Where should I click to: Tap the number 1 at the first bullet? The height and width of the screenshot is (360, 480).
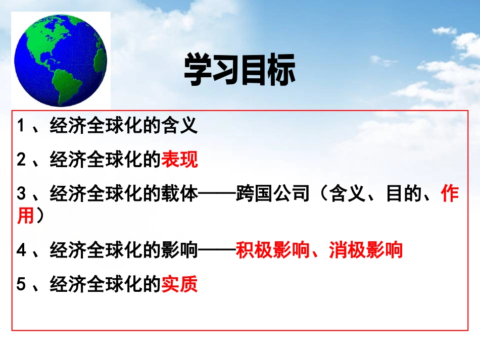pyautogui.click(x=21, y=126)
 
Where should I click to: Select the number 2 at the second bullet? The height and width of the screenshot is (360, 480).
pyautogui.click(x=21, y=160)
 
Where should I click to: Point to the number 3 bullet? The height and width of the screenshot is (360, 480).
pyautogui.click(x=21, y=194)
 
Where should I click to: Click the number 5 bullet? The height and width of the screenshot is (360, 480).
pyautogui.click(x=21, y=285)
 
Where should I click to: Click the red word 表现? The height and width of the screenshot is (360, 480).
pyautogui.click(x=179, y=160)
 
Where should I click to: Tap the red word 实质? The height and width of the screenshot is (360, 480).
pyautogui.click(x=179, y=285)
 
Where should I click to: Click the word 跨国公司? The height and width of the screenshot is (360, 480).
pyautogui.click(x=272, y=194)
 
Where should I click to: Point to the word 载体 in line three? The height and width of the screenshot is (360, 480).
pyautogui.click(x=179, y=194)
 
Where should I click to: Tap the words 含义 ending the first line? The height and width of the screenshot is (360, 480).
pyautogui.click(x=179, y=126)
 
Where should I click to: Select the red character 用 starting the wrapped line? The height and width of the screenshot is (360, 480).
pyautogui.click(x=25, y=217)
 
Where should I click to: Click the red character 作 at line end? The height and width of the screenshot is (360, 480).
pyautogui.click(x=450, y=194)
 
